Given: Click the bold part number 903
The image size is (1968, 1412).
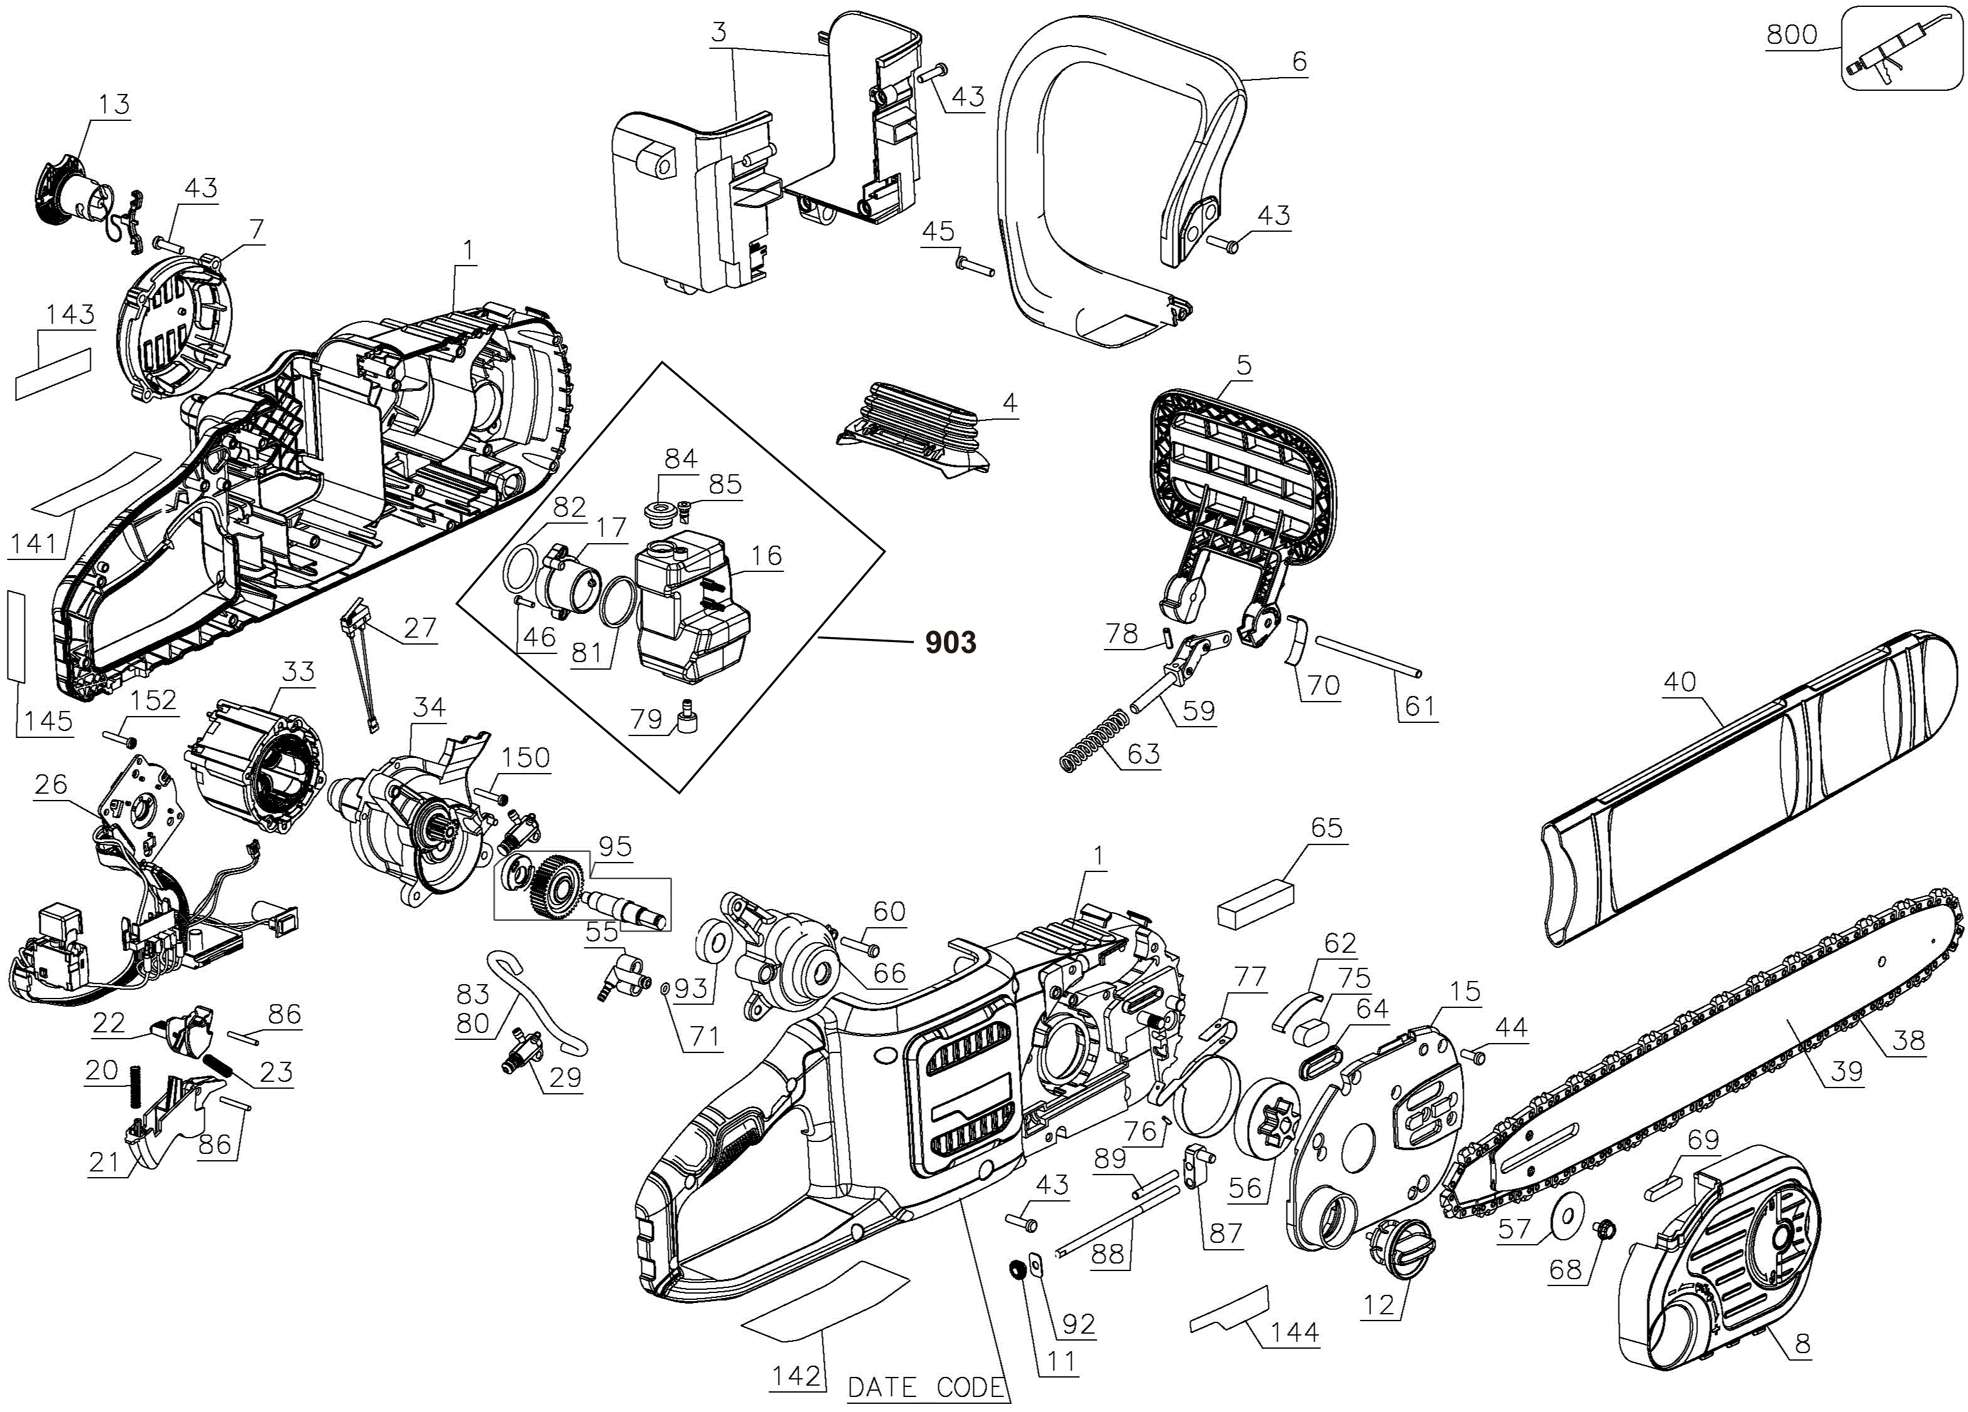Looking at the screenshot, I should coord(950,642).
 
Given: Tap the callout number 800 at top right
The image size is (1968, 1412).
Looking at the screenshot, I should coord(1791,34).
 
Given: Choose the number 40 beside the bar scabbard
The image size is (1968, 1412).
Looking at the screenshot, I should coord(1679,682).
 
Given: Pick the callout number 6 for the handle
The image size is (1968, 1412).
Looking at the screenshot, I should coord(1299,61).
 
